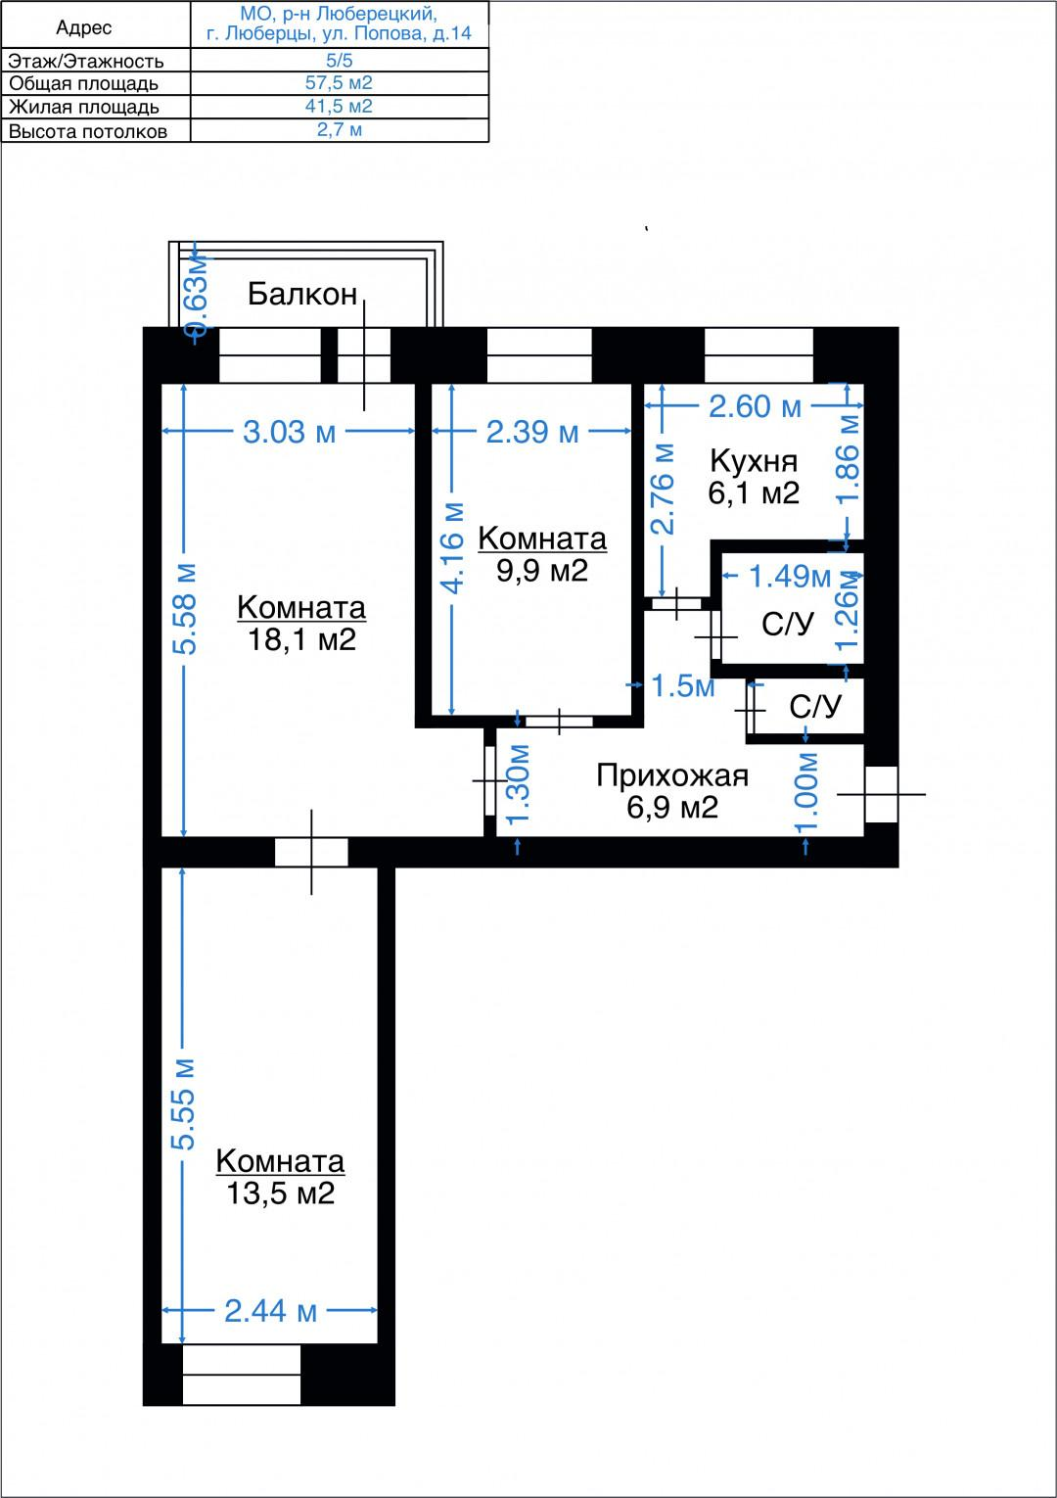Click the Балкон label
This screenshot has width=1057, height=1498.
coord(302,294)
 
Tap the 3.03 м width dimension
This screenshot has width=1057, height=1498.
coord(289,432)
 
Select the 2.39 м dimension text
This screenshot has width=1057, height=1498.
coord(532,432)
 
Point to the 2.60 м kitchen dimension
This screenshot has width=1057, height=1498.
coord(755,406)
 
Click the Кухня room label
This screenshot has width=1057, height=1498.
coord(754,460)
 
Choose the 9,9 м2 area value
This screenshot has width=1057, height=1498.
coord(542,571)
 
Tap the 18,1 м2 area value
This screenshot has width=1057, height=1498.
coord(301,640)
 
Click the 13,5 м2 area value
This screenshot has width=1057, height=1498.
coord(280,1194)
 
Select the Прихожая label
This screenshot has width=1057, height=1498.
coord(672,775)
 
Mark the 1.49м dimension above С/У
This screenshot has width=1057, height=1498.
coord(790,576)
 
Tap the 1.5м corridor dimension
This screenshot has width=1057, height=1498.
coord(682,685)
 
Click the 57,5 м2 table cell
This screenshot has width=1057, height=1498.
coord(339,83)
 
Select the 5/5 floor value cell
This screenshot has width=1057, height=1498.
coord(339,60)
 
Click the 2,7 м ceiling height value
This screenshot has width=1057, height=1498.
coord(339,130)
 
